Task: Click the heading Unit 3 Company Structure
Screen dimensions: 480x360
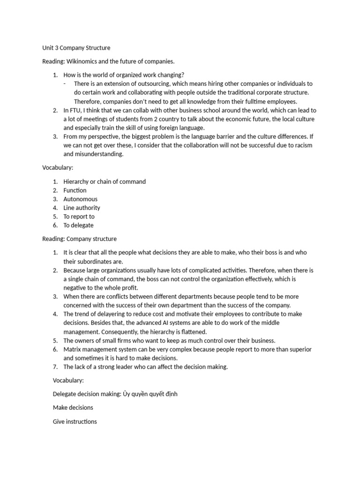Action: pyautogui.click(x=76, y=48)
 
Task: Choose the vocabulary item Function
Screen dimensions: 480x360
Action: pyautogui.click(x=75, y=190)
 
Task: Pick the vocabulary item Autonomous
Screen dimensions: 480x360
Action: pyautogui.click(x=80, y=199)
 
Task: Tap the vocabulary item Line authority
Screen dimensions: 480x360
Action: pyautogui.click(x=82, y=208)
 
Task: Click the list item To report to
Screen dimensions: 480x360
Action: pyautogui.click(x=79, y=217)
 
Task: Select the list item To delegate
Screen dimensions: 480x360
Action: pyautogui.click(x=78, y=225)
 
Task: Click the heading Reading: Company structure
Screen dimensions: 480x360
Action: pyautogui.click(x=79, y=239)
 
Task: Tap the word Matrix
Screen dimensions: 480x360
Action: pyautogui.click(x=72, y=350)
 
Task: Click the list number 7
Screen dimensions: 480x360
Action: pyautogui.click(x=55, y=367)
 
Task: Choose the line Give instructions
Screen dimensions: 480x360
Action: pyautogui.click(x=75, y=421)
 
